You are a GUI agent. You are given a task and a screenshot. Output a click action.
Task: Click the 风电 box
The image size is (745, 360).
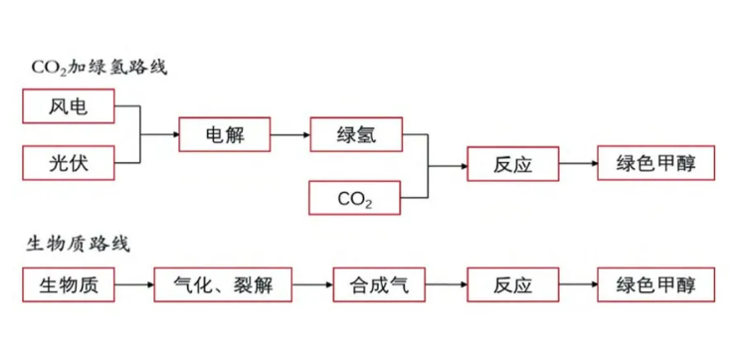[68, 106]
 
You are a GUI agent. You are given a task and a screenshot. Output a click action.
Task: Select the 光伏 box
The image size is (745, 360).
[68, 161]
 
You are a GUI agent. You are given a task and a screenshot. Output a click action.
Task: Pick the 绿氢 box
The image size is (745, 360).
[355, 134]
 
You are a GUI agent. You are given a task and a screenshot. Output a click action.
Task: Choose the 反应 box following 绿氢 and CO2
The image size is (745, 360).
[512, 164]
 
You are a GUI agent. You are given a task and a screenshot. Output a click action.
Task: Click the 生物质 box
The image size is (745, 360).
[68, 285]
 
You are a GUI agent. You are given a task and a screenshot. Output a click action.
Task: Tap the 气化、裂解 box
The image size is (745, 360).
[227, 285]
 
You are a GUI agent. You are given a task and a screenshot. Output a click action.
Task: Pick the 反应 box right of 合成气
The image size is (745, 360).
[512, 285]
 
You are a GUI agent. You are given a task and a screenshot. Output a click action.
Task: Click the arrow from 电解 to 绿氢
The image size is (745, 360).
[289, 134]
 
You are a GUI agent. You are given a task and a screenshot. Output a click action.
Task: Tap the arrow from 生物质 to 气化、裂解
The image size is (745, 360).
[134, 285]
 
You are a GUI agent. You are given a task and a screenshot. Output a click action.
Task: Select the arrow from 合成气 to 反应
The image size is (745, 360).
[445, 285]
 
